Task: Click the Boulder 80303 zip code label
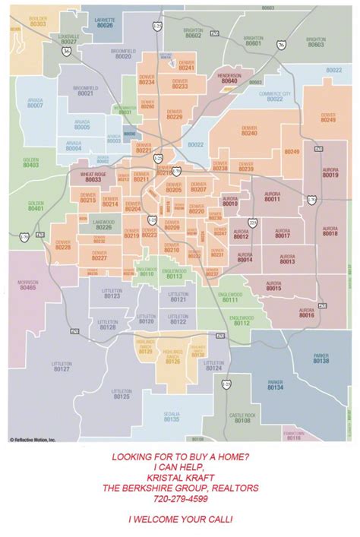39,21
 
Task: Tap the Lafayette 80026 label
105,23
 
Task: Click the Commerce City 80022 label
275,96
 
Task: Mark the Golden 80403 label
30,162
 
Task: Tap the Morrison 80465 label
28,286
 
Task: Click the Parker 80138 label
321,359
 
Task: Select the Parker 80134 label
275,385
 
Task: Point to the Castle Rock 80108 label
243,418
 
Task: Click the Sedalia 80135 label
172,416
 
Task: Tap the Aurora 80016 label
307,313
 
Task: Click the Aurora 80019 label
330,172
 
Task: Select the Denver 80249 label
328,118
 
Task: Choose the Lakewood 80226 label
104,225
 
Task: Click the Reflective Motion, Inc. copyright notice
33,439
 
